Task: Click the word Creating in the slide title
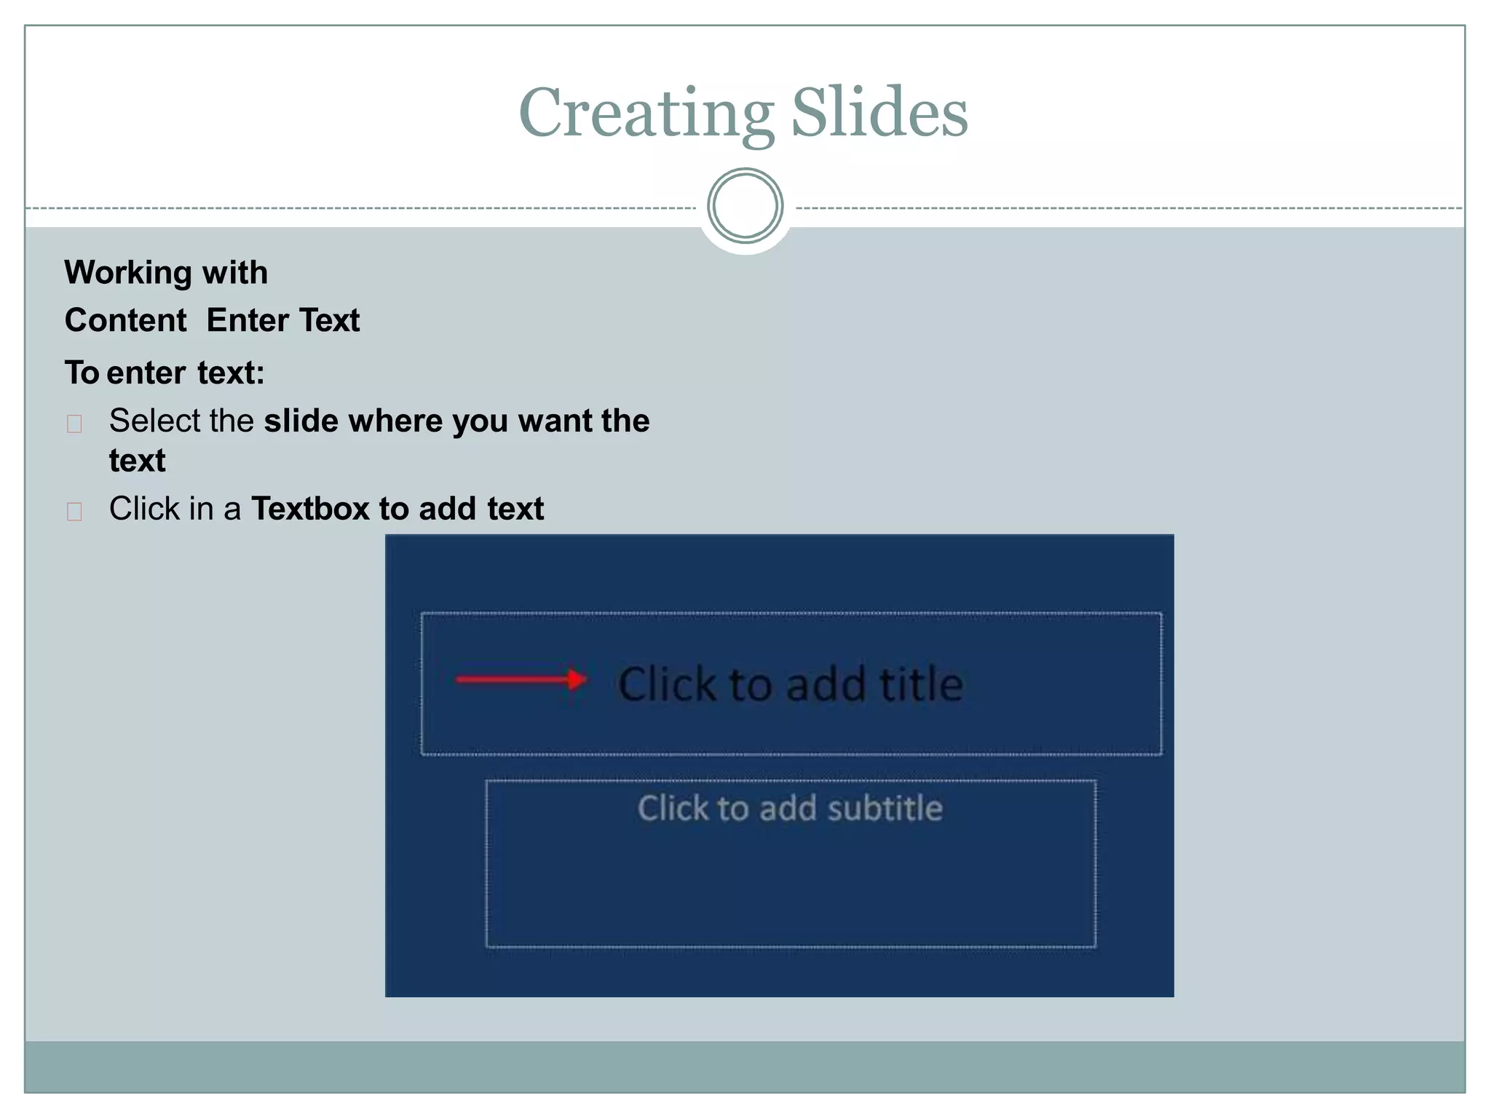click(x=646, y=114)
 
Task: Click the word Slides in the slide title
click(x=879, y=114)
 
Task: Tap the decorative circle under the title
click(x=745, y=206)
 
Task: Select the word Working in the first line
click(x=128, y=273)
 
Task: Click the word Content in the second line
click(x=125, y=321)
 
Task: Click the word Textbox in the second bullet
click(x=310, y=509)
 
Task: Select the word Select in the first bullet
click(x=154, y=421)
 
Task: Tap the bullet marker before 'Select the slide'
click(x=74, y=424)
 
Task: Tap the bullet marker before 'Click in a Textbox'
click(x=74, y=512)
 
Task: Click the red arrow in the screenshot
click(x=521, y=680)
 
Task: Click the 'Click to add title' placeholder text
click(x=790, y=684)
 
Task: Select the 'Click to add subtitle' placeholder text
click(x=790, y=809)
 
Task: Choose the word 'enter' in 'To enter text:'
click(x=146, y=373)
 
